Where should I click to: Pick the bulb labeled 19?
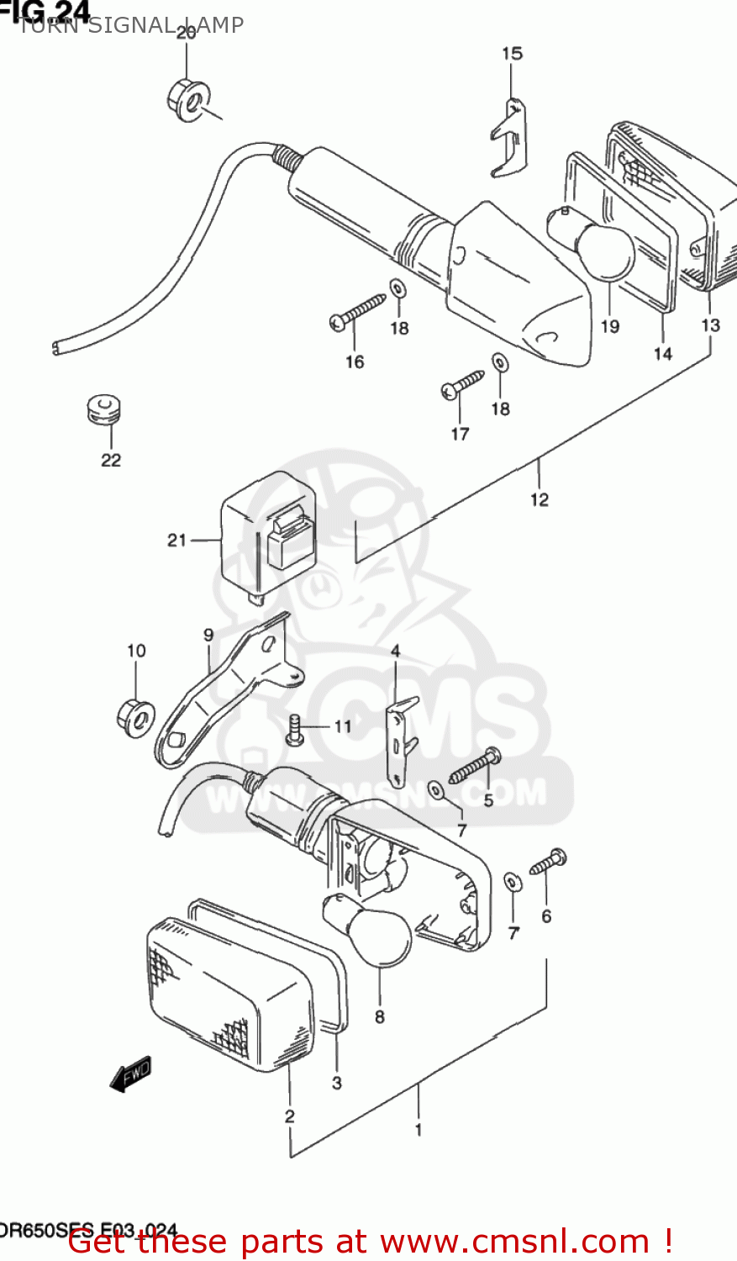pos(599,248)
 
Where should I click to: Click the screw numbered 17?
pos(463,384)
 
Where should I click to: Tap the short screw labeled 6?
pos(547,862)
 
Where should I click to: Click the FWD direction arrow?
pos(131,1074)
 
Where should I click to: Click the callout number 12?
pos(539,499)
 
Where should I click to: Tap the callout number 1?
pos(419,1130)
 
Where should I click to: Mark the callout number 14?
pos(663,354)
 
